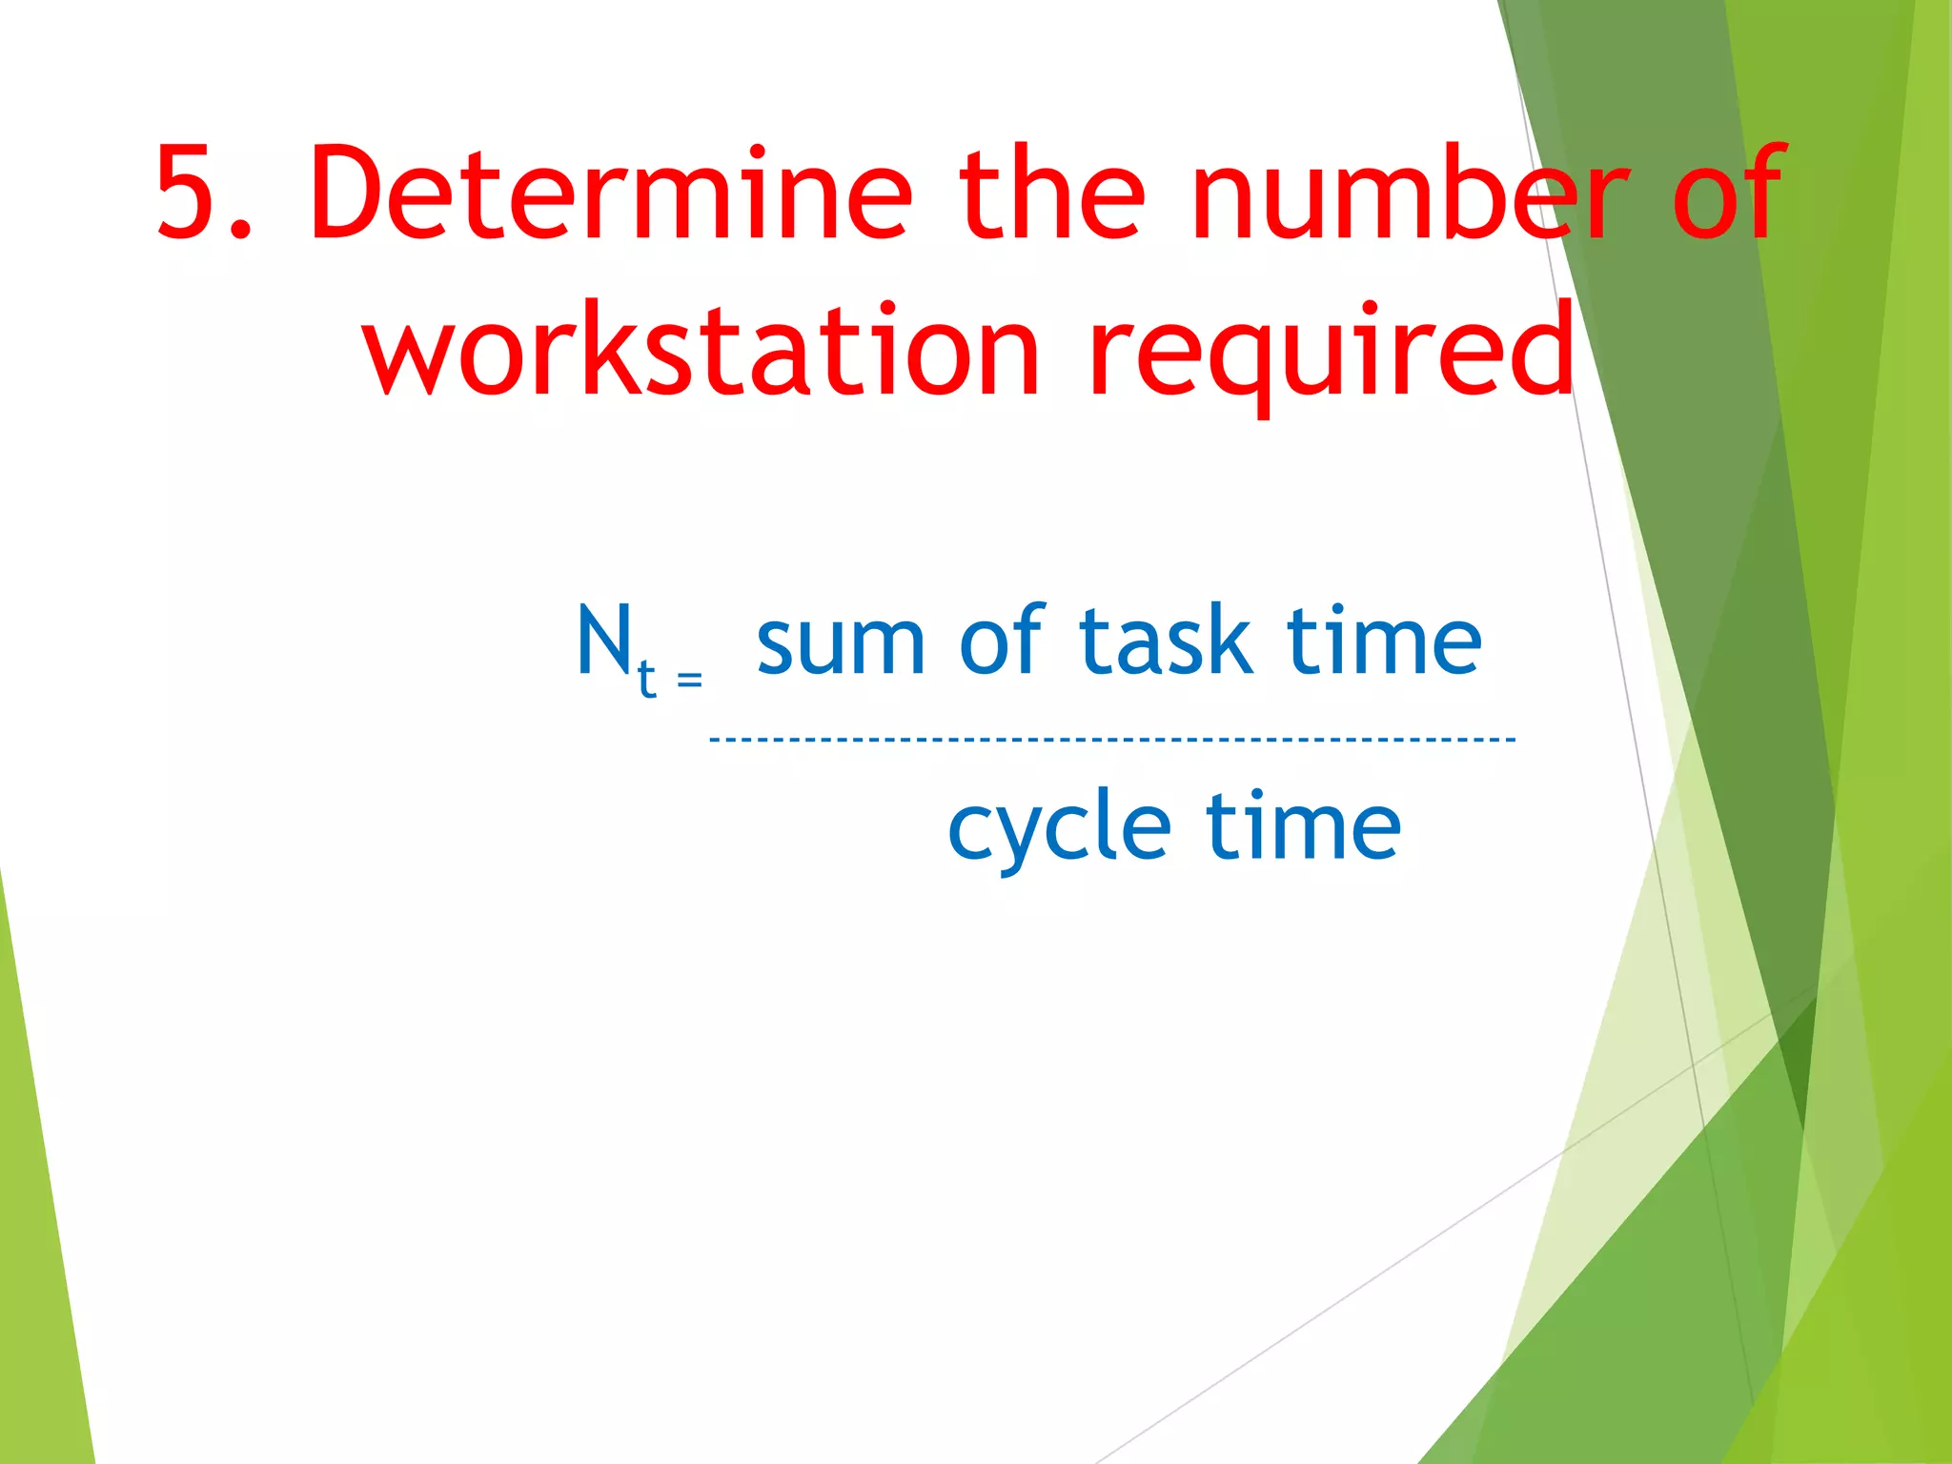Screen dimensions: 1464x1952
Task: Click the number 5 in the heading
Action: (193, 193)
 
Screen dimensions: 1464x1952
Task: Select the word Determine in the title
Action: (610, 193)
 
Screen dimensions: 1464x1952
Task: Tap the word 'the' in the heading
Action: (1050, 193)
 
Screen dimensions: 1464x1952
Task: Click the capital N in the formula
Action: (604, 640)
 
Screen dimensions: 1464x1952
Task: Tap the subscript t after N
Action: (647, 679)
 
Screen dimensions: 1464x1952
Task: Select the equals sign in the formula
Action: (689, 680)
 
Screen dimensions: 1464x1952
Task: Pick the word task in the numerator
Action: (1165, 640)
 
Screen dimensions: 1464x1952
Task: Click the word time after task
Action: (1384, 640)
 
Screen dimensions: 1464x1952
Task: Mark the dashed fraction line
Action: (1111, 739)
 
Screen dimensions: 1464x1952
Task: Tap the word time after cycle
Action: (1303, 825)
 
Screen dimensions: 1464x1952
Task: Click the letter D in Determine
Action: (349, 193)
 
